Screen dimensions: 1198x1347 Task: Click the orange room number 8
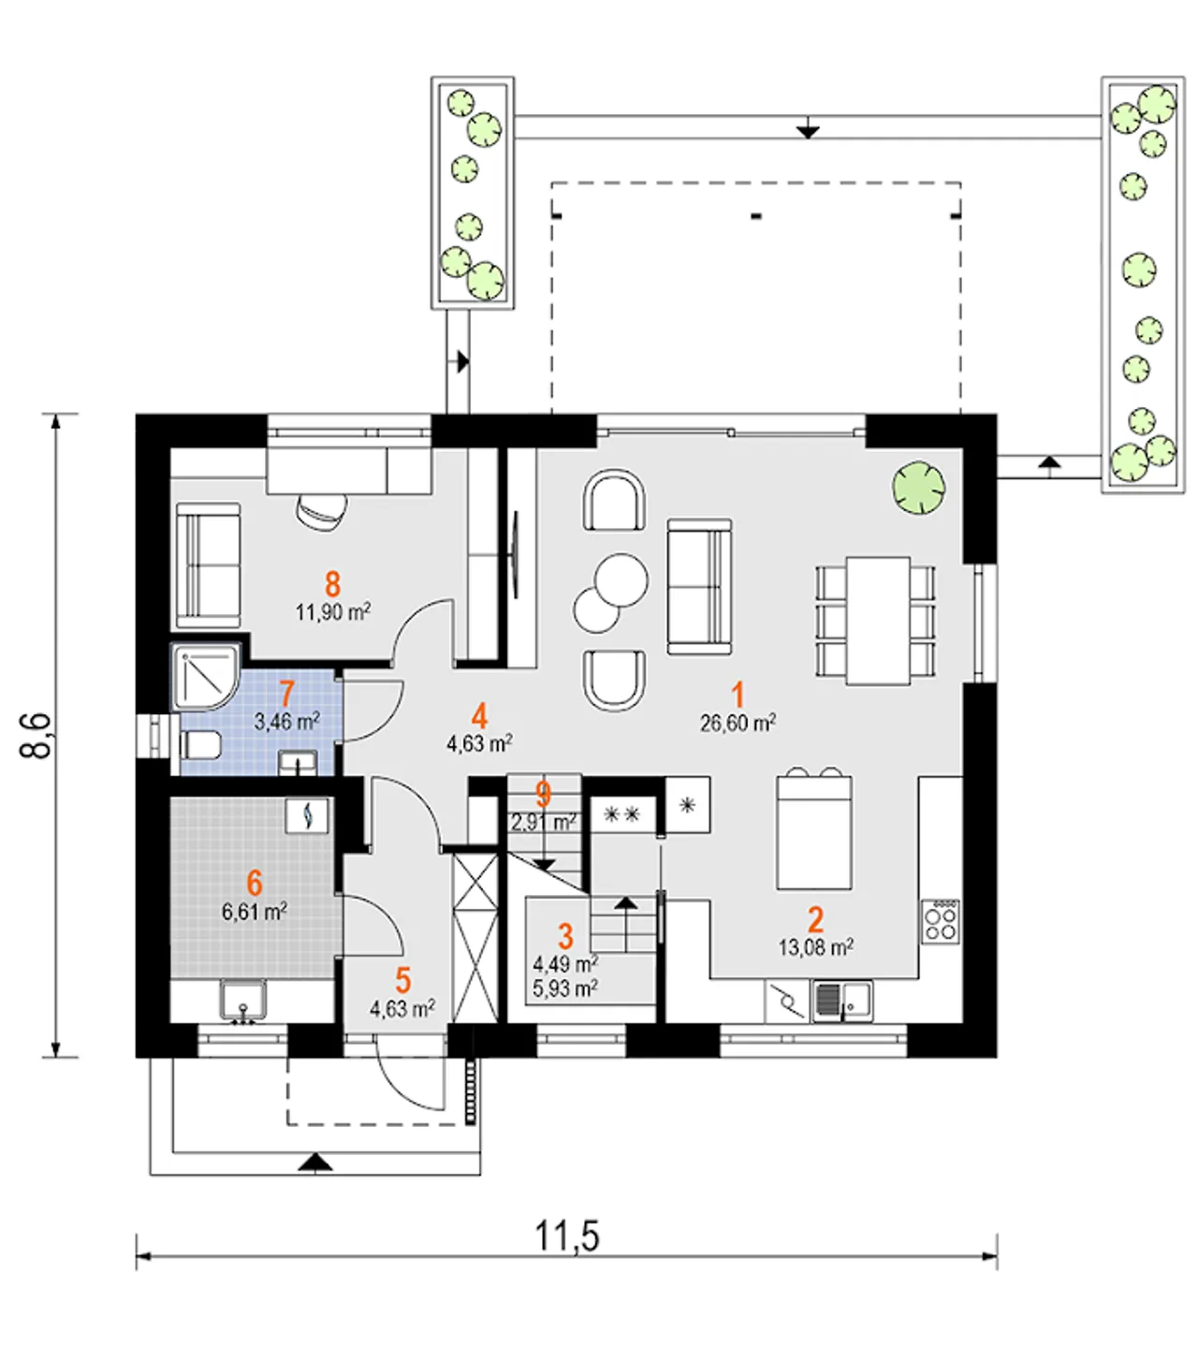332,584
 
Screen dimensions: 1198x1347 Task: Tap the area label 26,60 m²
738,724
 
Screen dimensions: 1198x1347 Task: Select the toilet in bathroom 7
200,745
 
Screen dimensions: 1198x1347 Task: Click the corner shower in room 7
206,676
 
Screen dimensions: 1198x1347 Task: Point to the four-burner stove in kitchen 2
940,921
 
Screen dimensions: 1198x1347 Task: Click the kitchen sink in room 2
841,1002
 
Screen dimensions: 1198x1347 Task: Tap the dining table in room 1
878,621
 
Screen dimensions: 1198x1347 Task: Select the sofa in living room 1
699,587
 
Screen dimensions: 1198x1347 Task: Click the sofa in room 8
208,564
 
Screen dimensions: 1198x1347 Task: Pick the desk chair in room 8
322,511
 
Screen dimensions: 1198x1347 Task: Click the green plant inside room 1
919,488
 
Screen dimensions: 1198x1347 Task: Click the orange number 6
255,883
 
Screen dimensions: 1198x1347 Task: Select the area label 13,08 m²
816,947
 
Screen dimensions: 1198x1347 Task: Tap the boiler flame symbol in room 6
307,815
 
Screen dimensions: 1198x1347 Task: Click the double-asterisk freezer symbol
622,813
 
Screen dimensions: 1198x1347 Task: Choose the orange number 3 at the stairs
565,936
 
